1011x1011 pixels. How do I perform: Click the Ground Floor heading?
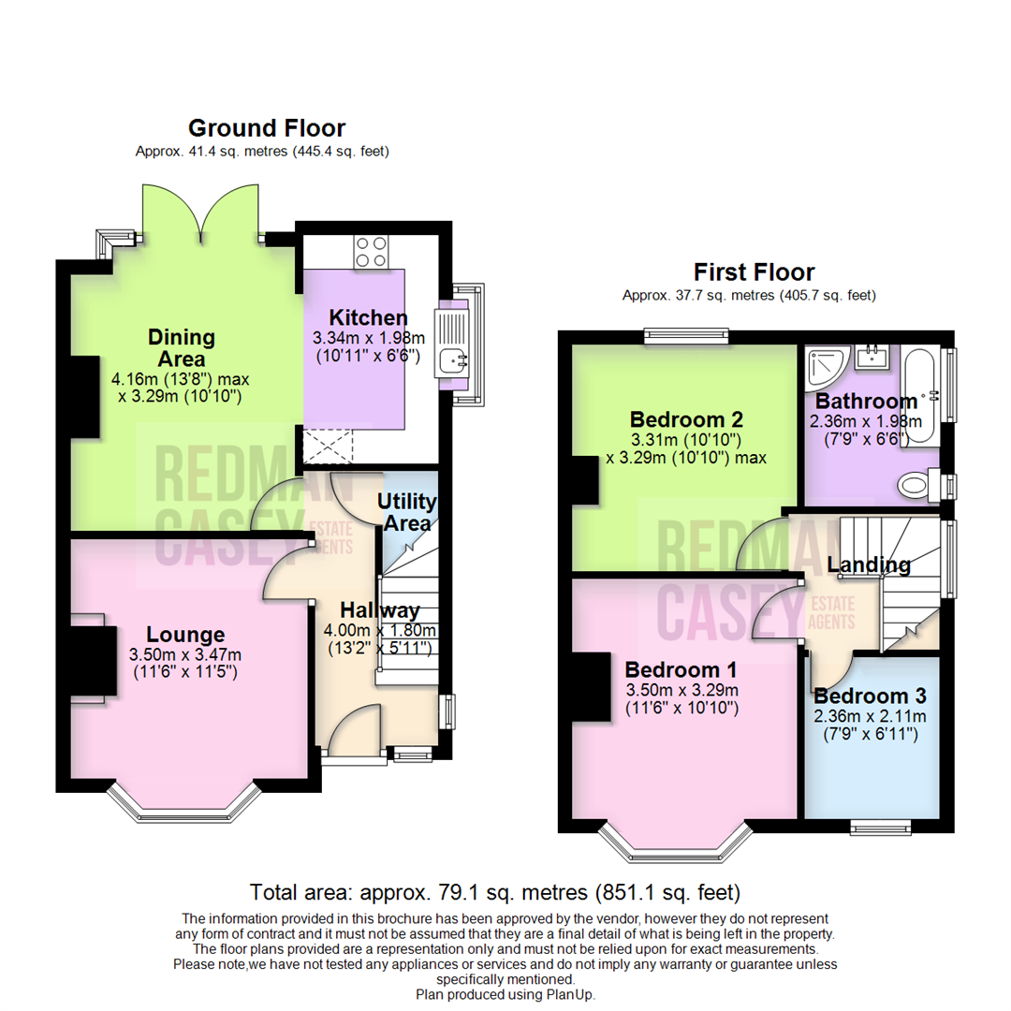[x=266, y=128]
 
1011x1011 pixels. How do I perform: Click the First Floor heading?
[x=754, y=272]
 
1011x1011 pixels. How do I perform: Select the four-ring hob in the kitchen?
[x=371, y=251]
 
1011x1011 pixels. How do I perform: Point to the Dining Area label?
[x=182, y=347]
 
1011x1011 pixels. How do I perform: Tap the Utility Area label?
[x=406, y=512]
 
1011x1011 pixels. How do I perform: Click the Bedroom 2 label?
[x=685, y=418]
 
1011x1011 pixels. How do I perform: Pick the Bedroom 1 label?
[x=681, y=670]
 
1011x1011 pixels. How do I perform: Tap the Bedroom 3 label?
[x=870, y=696]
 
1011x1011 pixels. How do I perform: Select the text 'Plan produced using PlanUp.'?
[x=505, y=994]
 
